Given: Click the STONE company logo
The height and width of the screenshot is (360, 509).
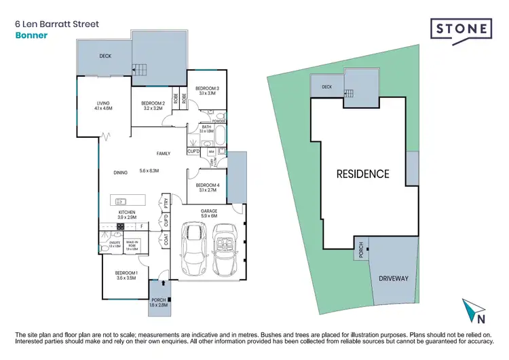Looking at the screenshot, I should [x=462, y=30].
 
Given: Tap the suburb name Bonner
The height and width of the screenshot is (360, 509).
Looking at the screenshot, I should [x=31, y=35].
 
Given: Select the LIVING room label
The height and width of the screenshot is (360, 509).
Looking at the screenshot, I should [x=104, y=104].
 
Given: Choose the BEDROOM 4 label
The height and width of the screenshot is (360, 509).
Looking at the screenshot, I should [x=206, y=185].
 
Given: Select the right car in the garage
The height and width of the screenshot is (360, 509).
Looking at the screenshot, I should [x=226, y=248].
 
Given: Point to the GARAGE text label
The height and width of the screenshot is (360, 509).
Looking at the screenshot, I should [x=208, y=211].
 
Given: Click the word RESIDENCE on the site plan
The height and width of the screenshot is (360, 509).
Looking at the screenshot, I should [x=363, y=174].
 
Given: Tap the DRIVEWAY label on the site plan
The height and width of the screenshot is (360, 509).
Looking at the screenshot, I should [x=393, y=277].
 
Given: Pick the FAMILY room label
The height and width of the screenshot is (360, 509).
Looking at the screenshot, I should [x=164, y=154].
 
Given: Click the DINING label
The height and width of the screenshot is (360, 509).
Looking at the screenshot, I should [x=121, y=173].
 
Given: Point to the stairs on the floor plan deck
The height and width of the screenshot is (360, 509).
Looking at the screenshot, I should [x=140, y=67].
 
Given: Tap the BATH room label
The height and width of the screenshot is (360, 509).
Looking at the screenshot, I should [x=206, y=127].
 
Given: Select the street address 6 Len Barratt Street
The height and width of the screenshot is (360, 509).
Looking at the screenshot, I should [x=56, y=24].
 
